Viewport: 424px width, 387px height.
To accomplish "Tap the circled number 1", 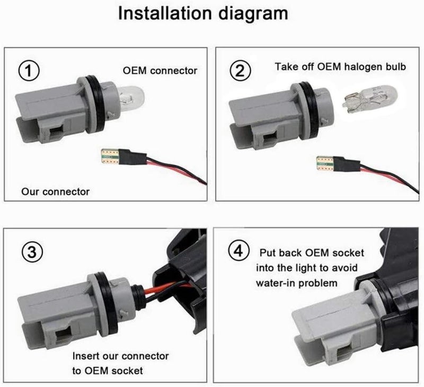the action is (x=31, y=70).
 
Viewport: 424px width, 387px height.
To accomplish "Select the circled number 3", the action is (x=31, y=252).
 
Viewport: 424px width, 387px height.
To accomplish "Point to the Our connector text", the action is (x=56, y=191).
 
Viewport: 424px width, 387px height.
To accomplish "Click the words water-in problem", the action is (x=296, y=283).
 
